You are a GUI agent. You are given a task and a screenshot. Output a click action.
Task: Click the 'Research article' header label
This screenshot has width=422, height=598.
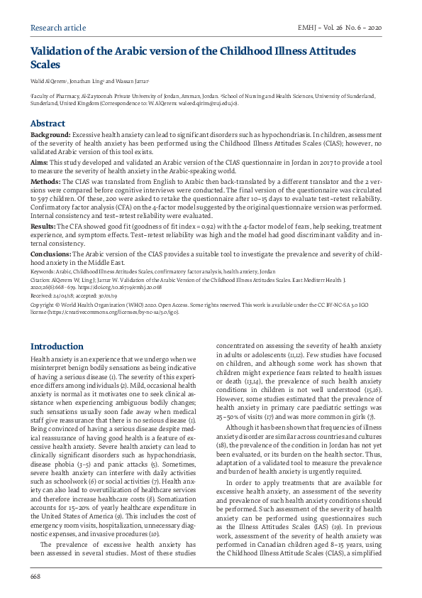coord(58,28)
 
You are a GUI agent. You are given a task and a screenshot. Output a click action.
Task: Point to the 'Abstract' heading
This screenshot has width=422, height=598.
coord(48,123)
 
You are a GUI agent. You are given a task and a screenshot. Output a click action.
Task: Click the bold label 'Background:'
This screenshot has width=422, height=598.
coord(50,134)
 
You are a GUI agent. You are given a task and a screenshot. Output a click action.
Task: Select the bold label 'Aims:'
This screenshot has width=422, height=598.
coord(39,163)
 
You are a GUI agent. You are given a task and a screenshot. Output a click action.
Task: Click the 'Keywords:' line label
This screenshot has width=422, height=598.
coord(43,272)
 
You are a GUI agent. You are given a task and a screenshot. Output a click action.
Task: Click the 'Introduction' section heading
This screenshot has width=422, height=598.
coord(57,347)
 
